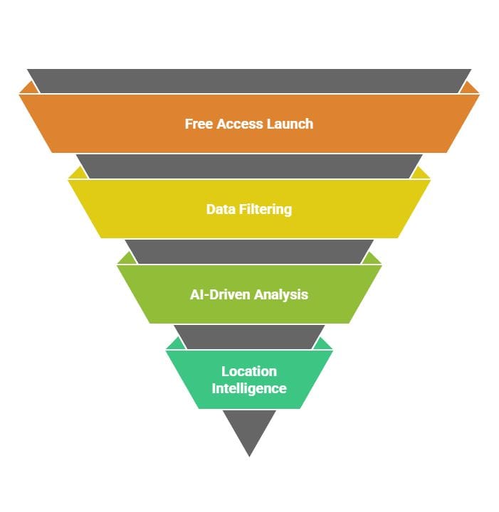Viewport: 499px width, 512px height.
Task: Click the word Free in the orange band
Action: [198, 124]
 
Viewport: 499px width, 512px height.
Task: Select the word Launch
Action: [290, 124]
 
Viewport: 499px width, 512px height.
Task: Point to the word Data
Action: [220, 209]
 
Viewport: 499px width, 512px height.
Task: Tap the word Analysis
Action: [283, 294]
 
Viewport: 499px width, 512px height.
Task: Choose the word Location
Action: [249, 371]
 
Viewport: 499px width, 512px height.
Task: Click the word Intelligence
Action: [249, 388]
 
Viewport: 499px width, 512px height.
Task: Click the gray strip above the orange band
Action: [249, 80]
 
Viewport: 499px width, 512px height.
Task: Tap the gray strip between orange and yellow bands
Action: [249, 166]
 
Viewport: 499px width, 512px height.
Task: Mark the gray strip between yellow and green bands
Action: [249, 251]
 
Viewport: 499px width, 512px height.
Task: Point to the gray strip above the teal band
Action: [249, 336]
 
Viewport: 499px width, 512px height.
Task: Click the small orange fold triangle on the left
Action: [29, 89]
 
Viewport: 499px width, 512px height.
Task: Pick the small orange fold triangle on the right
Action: [469, 89]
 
